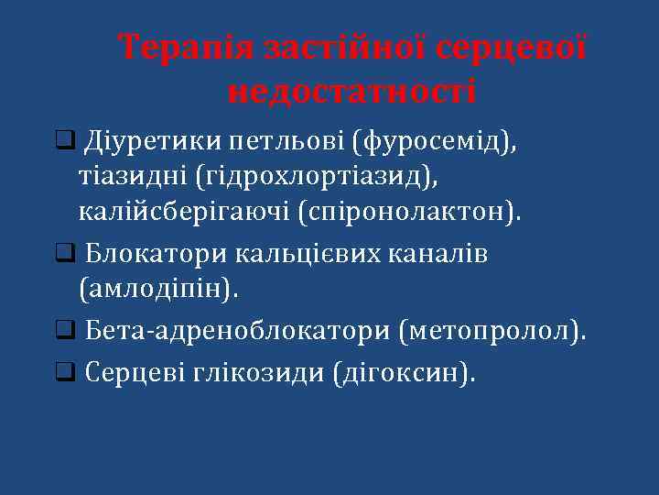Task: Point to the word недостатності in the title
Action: click(351, 92)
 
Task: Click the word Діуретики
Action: click(152, 142)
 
